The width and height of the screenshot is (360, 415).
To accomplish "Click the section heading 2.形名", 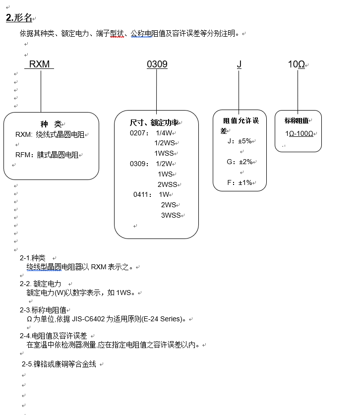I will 19,18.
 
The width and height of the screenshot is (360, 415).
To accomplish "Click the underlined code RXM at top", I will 39,64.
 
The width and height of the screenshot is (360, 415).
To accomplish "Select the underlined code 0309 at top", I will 157,64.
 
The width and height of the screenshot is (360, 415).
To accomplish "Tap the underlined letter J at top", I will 239,64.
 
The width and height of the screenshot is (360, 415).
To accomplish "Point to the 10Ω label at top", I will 297,64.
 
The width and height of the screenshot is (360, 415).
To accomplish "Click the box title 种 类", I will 51,124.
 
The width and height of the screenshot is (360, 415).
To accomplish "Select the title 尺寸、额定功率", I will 154,122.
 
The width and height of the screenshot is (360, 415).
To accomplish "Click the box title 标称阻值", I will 297,120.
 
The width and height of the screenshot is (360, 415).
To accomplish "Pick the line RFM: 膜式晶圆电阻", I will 47,155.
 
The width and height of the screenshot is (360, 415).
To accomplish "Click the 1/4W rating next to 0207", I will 164,133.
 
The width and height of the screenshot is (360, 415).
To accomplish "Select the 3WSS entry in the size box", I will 171,215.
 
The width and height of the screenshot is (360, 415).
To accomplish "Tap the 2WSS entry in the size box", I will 168,184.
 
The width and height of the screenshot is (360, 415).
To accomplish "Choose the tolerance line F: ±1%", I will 239,182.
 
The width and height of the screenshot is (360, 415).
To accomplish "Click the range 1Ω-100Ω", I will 299,134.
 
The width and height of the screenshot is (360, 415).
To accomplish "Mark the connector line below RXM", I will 41,92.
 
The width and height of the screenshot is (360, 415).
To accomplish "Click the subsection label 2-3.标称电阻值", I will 43,310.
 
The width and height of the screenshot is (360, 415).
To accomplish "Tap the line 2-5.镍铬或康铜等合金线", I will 59,364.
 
